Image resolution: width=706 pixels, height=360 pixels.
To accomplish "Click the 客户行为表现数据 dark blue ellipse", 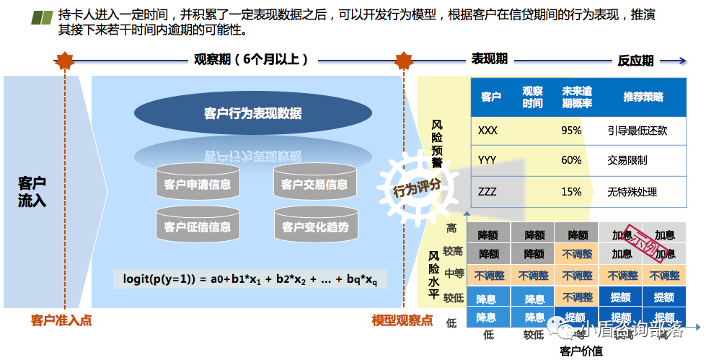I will click(252, 113).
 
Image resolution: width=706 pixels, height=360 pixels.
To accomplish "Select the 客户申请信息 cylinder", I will click(197, 185).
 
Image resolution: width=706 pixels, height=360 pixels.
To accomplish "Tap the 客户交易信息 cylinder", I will click(314, 185).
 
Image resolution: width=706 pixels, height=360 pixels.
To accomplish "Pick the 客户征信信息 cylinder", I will click(197, 227).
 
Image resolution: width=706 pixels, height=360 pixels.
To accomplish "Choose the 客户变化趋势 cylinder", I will click(314, 227).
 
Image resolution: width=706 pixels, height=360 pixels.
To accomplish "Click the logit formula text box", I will click(250, 279).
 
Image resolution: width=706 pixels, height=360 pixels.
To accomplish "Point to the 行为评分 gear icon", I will click(416, 190).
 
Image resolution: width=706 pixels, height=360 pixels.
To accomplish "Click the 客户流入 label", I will click(32, 191).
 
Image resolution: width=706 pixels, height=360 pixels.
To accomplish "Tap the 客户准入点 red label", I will click(61, 320).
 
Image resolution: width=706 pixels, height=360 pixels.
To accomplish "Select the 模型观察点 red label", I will click(402, 320).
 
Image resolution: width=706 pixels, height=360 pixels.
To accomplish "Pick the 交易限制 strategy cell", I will click(627, 160).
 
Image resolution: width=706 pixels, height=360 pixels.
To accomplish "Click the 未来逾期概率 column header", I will click(577, 97).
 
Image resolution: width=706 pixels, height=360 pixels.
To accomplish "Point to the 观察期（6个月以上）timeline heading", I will click(251, 59).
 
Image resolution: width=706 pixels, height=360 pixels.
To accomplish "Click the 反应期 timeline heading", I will click(635, 61).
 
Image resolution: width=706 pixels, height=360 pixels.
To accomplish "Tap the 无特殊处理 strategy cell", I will click(632, 192).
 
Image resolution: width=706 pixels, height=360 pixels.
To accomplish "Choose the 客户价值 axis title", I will click(581, 351).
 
